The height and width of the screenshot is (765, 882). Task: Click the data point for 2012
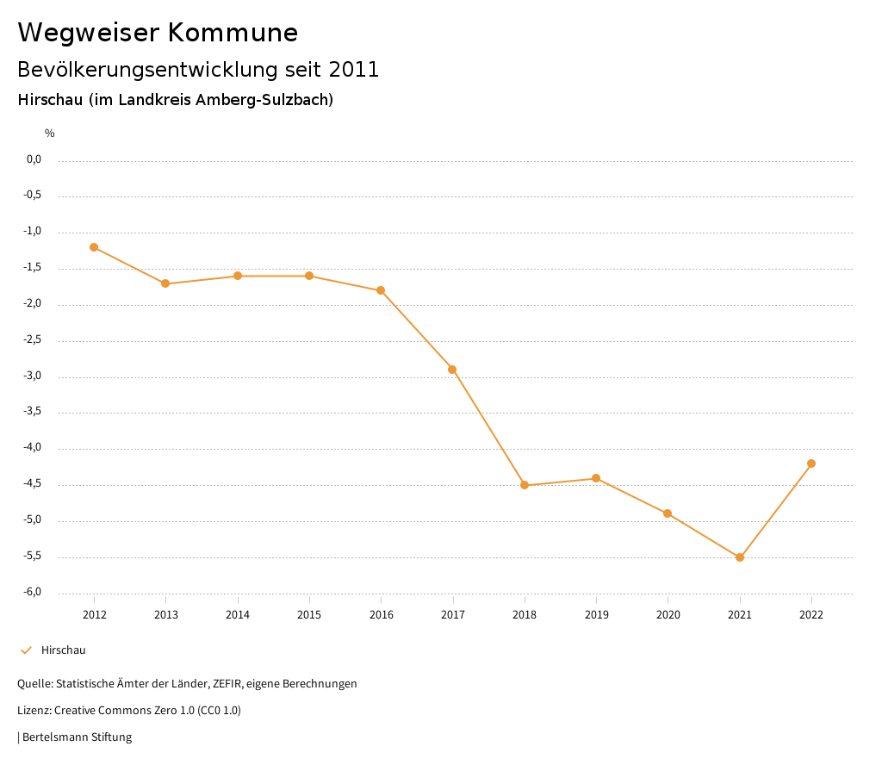[94, 247]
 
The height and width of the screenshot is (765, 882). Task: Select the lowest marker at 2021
[740, 557]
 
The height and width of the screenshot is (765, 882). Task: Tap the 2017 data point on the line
[452, 370]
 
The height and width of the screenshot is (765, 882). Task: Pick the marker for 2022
[811, 463]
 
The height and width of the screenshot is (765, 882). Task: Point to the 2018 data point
[525, 485]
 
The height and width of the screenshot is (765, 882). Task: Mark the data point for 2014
[238, 276]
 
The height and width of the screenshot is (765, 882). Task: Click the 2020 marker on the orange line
[668, 513]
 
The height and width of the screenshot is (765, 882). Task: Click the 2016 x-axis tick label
[381, 614]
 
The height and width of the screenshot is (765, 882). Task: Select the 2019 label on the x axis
[596, 614]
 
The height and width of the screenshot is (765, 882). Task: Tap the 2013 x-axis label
[165, 614]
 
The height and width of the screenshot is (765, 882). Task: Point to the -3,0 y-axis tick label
[33, 376]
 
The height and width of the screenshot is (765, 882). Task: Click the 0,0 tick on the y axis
[34, 159]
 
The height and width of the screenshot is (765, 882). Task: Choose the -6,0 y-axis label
[33, 593]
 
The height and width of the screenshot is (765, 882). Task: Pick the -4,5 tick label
[33, 484]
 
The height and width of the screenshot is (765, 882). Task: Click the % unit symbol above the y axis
[50, 134]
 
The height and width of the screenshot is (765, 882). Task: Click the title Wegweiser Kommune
[158, 33]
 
